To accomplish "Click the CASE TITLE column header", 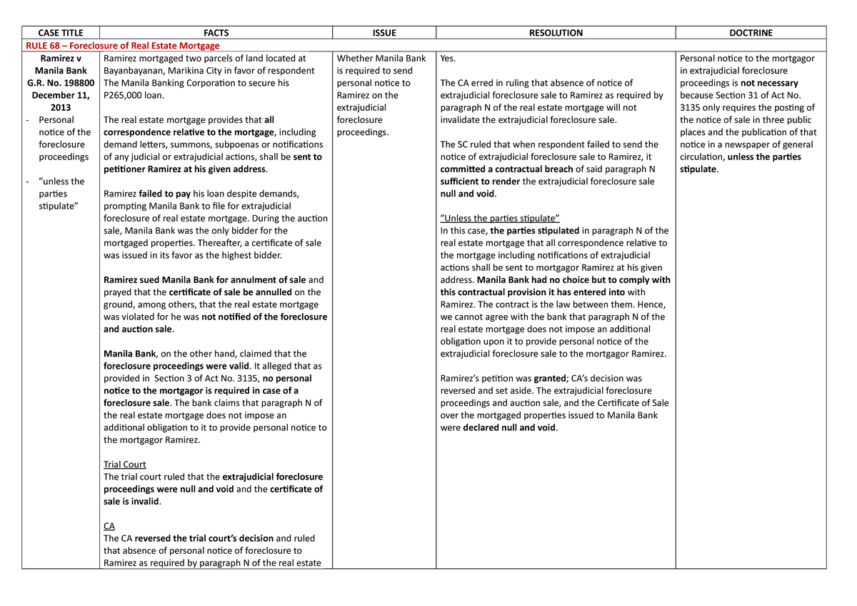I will point(61,33).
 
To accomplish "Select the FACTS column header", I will point(216,33).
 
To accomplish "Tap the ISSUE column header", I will point(384,33).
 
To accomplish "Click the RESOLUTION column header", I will point(556,33).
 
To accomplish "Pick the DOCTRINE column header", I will point(751,33).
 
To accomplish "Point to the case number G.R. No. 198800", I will point(61,83).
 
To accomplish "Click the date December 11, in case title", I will point(61,95).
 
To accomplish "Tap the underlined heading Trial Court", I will point(124,465).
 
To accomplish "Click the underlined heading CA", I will point(109,526).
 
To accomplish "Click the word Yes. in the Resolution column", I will point(448,59).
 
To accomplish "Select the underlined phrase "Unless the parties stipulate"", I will point(499,218).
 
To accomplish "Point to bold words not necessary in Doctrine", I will point(769,83).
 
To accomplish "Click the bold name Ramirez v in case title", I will point(61,59).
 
